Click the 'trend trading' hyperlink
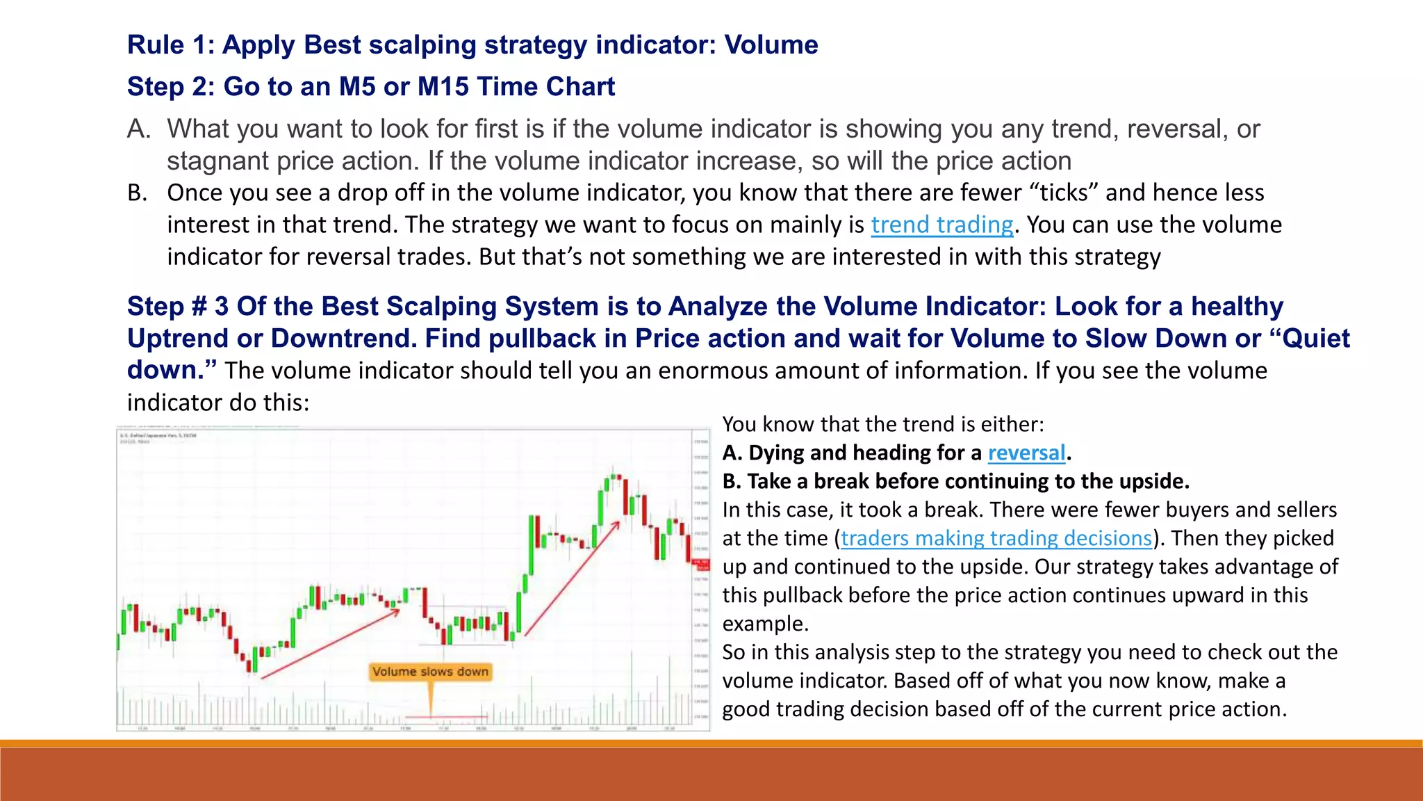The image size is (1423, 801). click(941, 225)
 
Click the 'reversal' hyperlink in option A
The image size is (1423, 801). click(1026, 453)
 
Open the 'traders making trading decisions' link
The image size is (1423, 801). click(996, 538)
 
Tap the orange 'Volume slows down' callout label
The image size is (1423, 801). click(430, 672)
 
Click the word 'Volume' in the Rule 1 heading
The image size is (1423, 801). click(771, 44)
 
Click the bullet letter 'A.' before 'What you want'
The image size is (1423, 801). click(139, 129)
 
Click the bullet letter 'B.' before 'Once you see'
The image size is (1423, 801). click(138, 193)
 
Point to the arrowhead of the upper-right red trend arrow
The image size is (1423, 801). click(616, 524)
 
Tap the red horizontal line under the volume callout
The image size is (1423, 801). click(446, 716)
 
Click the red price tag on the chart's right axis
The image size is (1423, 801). click(702, 565)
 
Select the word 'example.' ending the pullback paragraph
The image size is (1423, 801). click(765, 624)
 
